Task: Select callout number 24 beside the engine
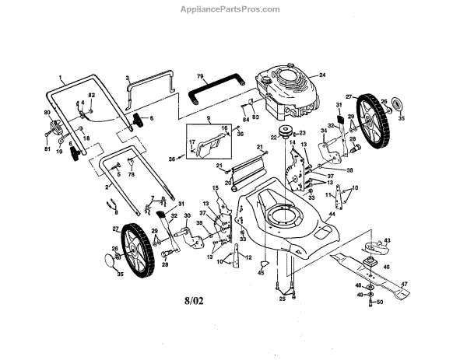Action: coord(321,75)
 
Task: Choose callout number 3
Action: coord(127,79)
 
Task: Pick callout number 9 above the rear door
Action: coord(209,119)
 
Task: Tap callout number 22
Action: coord(273,137)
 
